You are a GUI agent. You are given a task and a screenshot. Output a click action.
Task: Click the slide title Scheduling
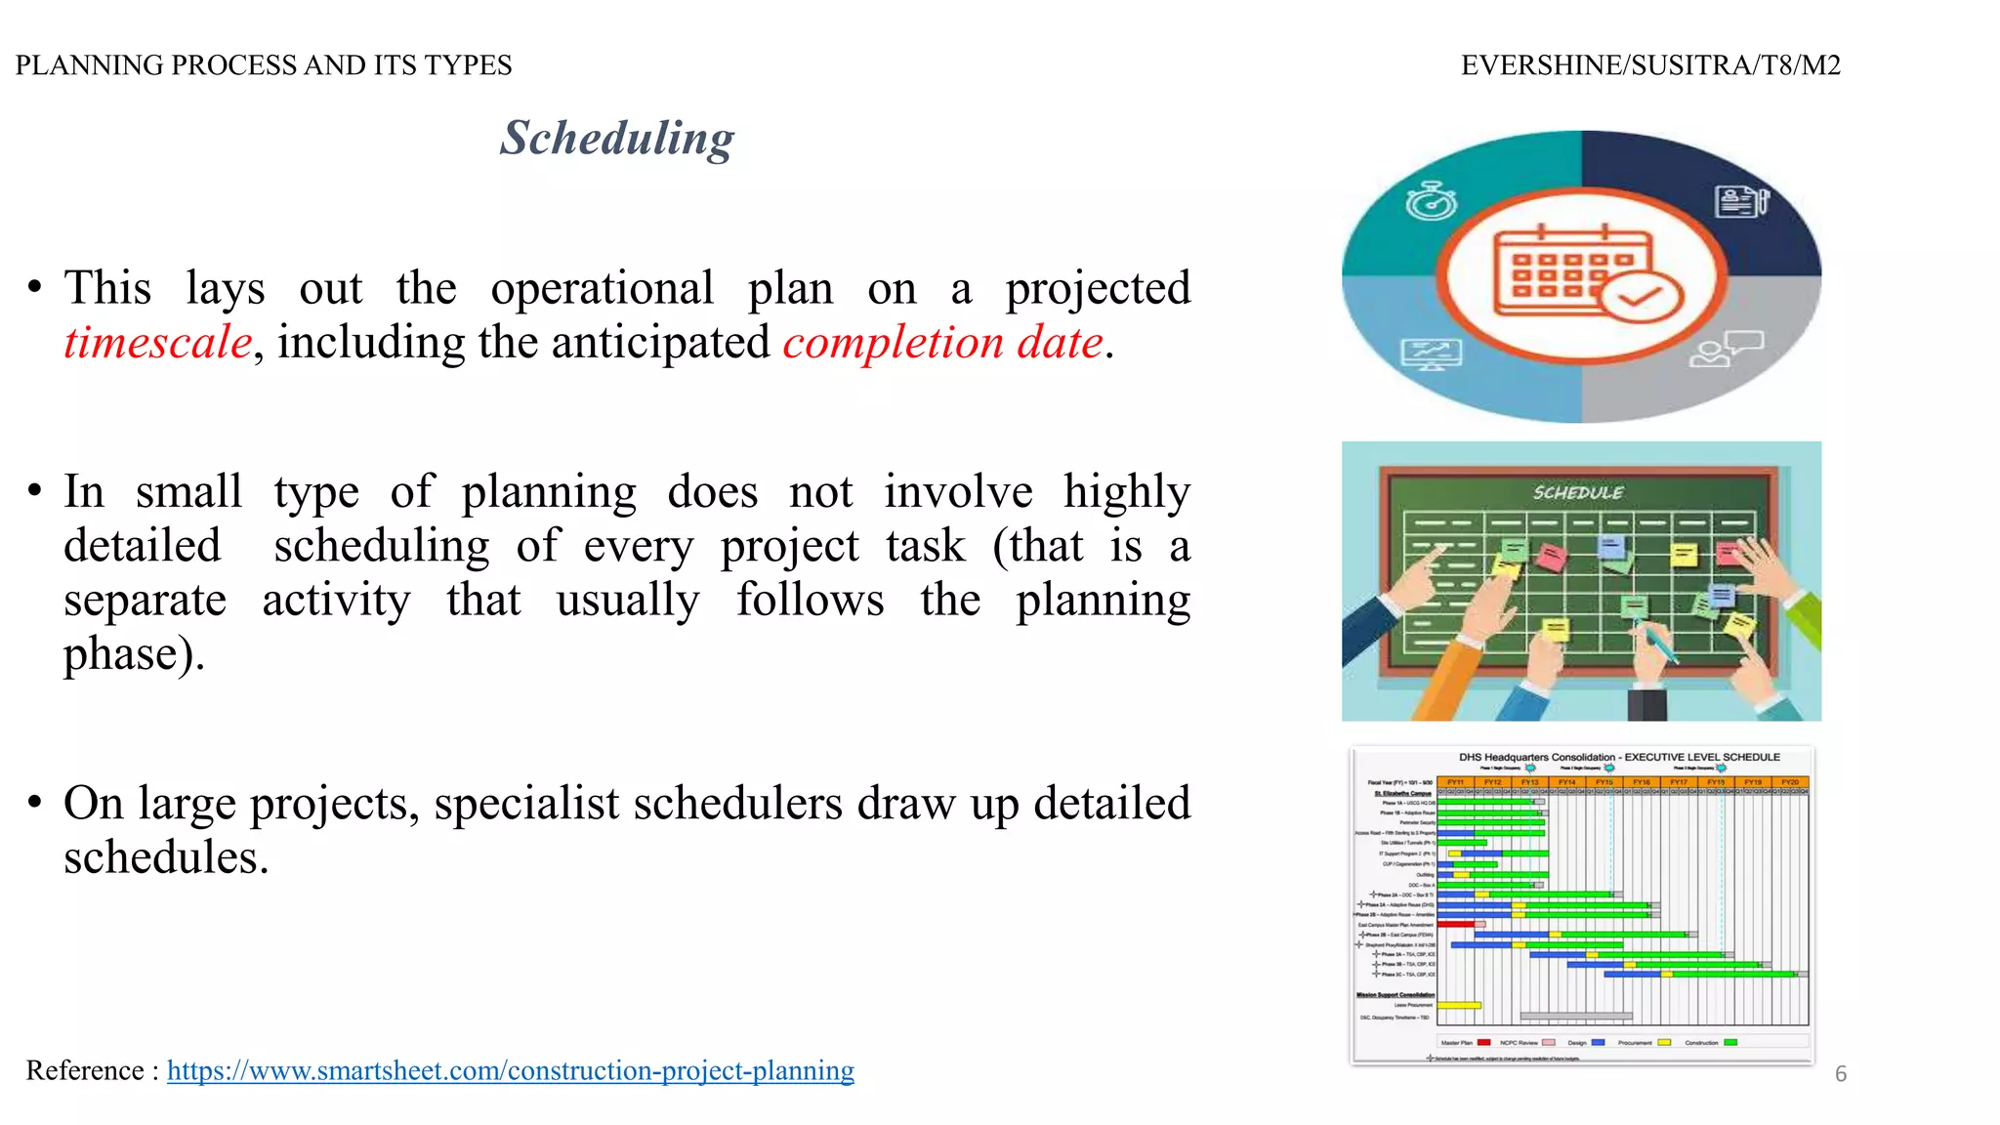click(x=616, y=139)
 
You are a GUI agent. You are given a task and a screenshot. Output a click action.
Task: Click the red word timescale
click(x=158, y=343)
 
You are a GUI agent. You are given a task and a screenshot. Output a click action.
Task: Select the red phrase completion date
click(x=942, y=343)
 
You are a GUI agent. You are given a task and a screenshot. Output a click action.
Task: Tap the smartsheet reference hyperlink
click(x=510, y=1070)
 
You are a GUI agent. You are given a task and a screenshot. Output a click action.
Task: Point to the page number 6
click(x=1840, y=1074)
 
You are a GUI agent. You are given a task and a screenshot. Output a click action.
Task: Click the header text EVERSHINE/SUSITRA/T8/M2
click(x=1649, y=65)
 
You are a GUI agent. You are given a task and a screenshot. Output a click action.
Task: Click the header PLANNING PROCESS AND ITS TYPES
click(x=264, y=65)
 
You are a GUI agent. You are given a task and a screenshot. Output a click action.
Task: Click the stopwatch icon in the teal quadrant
click(x=1432, y=201)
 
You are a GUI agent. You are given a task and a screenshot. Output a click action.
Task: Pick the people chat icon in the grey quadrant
click(x=1725, y=349)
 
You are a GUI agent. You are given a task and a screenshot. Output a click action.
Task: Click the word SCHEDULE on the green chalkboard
click(x=1578, y=493)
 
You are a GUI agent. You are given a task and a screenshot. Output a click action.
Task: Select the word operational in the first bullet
click(x=602, y=289)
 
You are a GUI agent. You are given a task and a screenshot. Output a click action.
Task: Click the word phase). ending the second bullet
click(x=134, y=654)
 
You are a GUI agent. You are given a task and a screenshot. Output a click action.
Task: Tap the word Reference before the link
click(x=85, y=1070)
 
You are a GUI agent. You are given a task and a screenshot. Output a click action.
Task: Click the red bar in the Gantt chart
click(x=1455, y=924)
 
